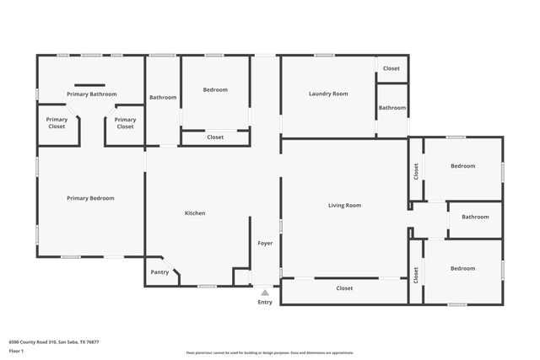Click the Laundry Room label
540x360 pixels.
point(328,94)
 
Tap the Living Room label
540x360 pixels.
point(344,205)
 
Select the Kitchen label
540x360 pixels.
point(195,213)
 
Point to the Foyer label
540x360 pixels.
point(265,243)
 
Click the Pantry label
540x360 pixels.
point(159,271)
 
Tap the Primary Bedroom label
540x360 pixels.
point(90,198)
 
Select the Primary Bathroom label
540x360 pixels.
point(92,94)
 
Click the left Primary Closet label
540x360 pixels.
point(57,123)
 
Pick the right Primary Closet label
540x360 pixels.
point(125,123)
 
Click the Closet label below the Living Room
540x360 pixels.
point(344,288)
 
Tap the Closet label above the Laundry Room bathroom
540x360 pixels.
point(391,68)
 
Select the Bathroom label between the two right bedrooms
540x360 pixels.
point(475,217)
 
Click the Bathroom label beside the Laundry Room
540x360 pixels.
point(392,108)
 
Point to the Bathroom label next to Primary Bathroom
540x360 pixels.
point(163,98)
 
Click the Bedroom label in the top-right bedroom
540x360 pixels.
point(462,166)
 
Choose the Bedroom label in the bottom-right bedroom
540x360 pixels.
point(462,268)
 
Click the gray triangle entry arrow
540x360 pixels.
point(265,293)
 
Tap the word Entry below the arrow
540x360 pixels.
point(265,302)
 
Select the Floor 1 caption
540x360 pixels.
point(16,350)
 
